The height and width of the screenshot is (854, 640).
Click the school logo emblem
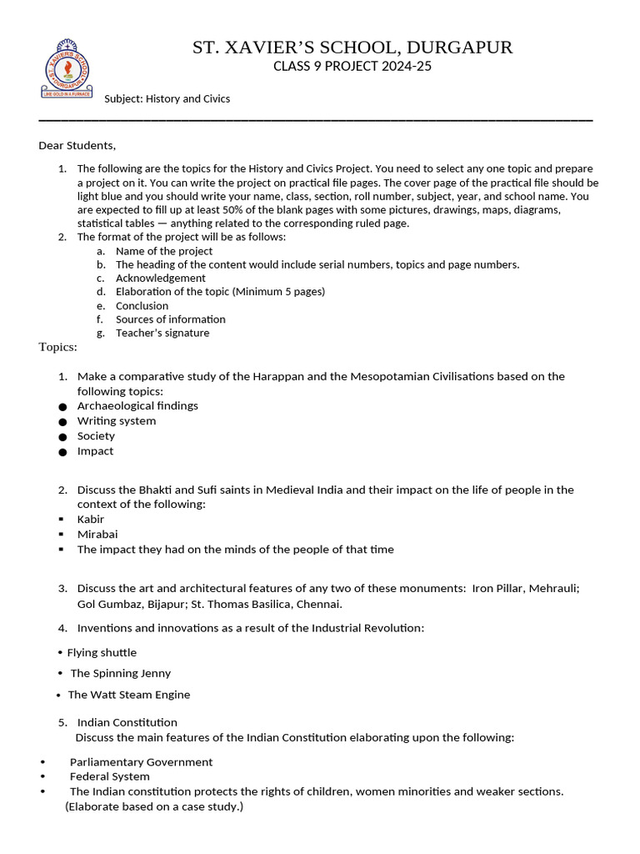click(67, 69)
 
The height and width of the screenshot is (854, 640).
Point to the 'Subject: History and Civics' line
click(167, 98)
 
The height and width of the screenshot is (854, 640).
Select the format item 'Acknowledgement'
click(160, 278)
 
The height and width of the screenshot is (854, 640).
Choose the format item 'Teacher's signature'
click(162, 333)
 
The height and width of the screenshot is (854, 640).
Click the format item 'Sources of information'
click(170, 319)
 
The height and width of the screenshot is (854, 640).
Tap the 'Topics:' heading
click(57, 347)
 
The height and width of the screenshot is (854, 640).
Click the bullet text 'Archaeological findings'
click(137, 405)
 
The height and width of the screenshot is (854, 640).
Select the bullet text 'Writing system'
click(117, 420)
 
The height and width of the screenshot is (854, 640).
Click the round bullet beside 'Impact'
click(62, 452)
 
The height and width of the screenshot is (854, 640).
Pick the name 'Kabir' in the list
click(91, 519)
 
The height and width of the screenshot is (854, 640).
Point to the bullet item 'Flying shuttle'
click(102, 652)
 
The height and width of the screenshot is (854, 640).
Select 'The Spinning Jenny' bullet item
click(120, 673)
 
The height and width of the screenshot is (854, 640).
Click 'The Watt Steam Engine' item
click(128, 695)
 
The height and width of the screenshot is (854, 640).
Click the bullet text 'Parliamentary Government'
click(141, 761)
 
